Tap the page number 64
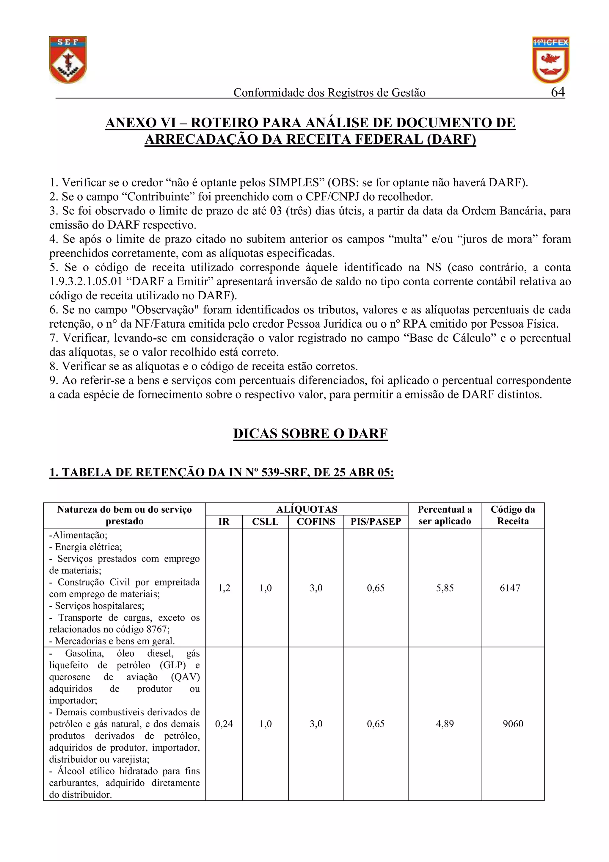click(558, 92)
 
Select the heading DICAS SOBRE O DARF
click(310, 433)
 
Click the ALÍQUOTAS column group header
click(307, 509)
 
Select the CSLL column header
click(265, 522)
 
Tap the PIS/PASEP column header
click(376, 522)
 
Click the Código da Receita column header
click(513, 515)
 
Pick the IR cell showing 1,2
click(224, 588)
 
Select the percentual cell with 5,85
click(445, 588)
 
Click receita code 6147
click(510, 588)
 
